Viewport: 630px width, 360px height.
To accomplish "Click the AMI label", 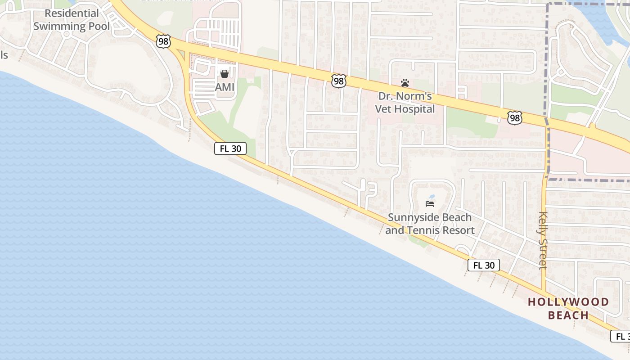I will (x=225, y=87).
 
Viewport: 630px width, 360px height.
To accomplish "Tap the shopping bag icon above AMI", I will (x=225, y=73).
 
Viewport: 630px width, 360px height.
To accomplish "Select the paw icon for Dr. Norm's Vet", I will (x=405, y=83).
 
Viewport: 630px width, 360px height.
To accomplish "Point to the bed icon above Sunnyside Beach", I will (x=430, y=204).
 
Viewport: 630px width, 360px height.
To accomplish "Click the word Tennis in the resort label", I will (x=423, y=230).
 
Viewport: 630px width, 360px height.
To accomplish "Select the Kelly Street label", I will (x=543, y=240).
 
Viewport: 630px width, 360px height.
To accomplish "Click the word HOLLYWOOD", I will (x=568, y=302).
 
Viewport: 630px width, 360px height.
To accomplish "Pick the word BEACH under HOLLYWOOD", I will (x=568, y=315).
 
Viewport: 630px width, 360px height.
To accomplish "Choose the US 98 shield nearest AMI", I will (x=163, y=41).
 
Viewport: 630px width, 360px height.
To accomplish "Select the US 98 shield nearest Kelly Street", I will (x=514, y=118).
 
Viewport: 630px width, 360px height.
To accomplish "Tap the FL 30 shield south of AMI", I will (x=230, y=148).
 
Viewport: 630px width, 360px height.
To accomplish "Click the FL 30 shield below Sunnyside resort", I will (x=484, y=265).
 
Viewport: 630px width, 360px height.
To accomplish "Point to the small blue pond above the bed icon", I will (x=432, y=197).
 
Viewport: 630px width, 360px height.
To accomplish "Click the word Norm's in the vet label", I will (x=417, y=96).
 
